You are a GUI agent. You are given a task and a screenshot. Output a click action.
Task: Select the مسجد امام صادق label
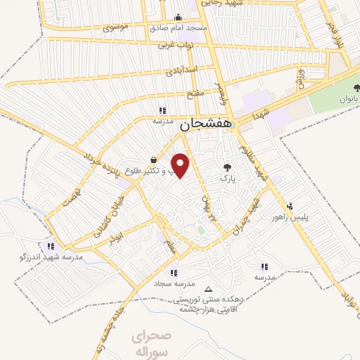click(178, 28)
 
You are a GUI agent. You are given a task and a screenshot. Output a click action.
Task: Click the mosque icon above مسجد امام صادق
click(178, 18)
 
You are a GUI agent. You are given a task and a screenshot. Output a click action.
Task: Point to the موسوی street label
click(115, 28)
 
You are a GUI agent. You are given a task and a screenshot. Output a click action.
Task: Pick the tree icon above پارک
click(226, 167)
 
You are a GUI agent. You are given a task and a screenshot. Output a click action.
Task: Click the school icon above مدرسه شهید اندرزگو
click(50, 246)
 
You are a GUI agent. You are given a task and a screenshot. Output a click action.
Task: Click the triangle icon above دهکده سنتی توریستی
click(207, 289)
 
